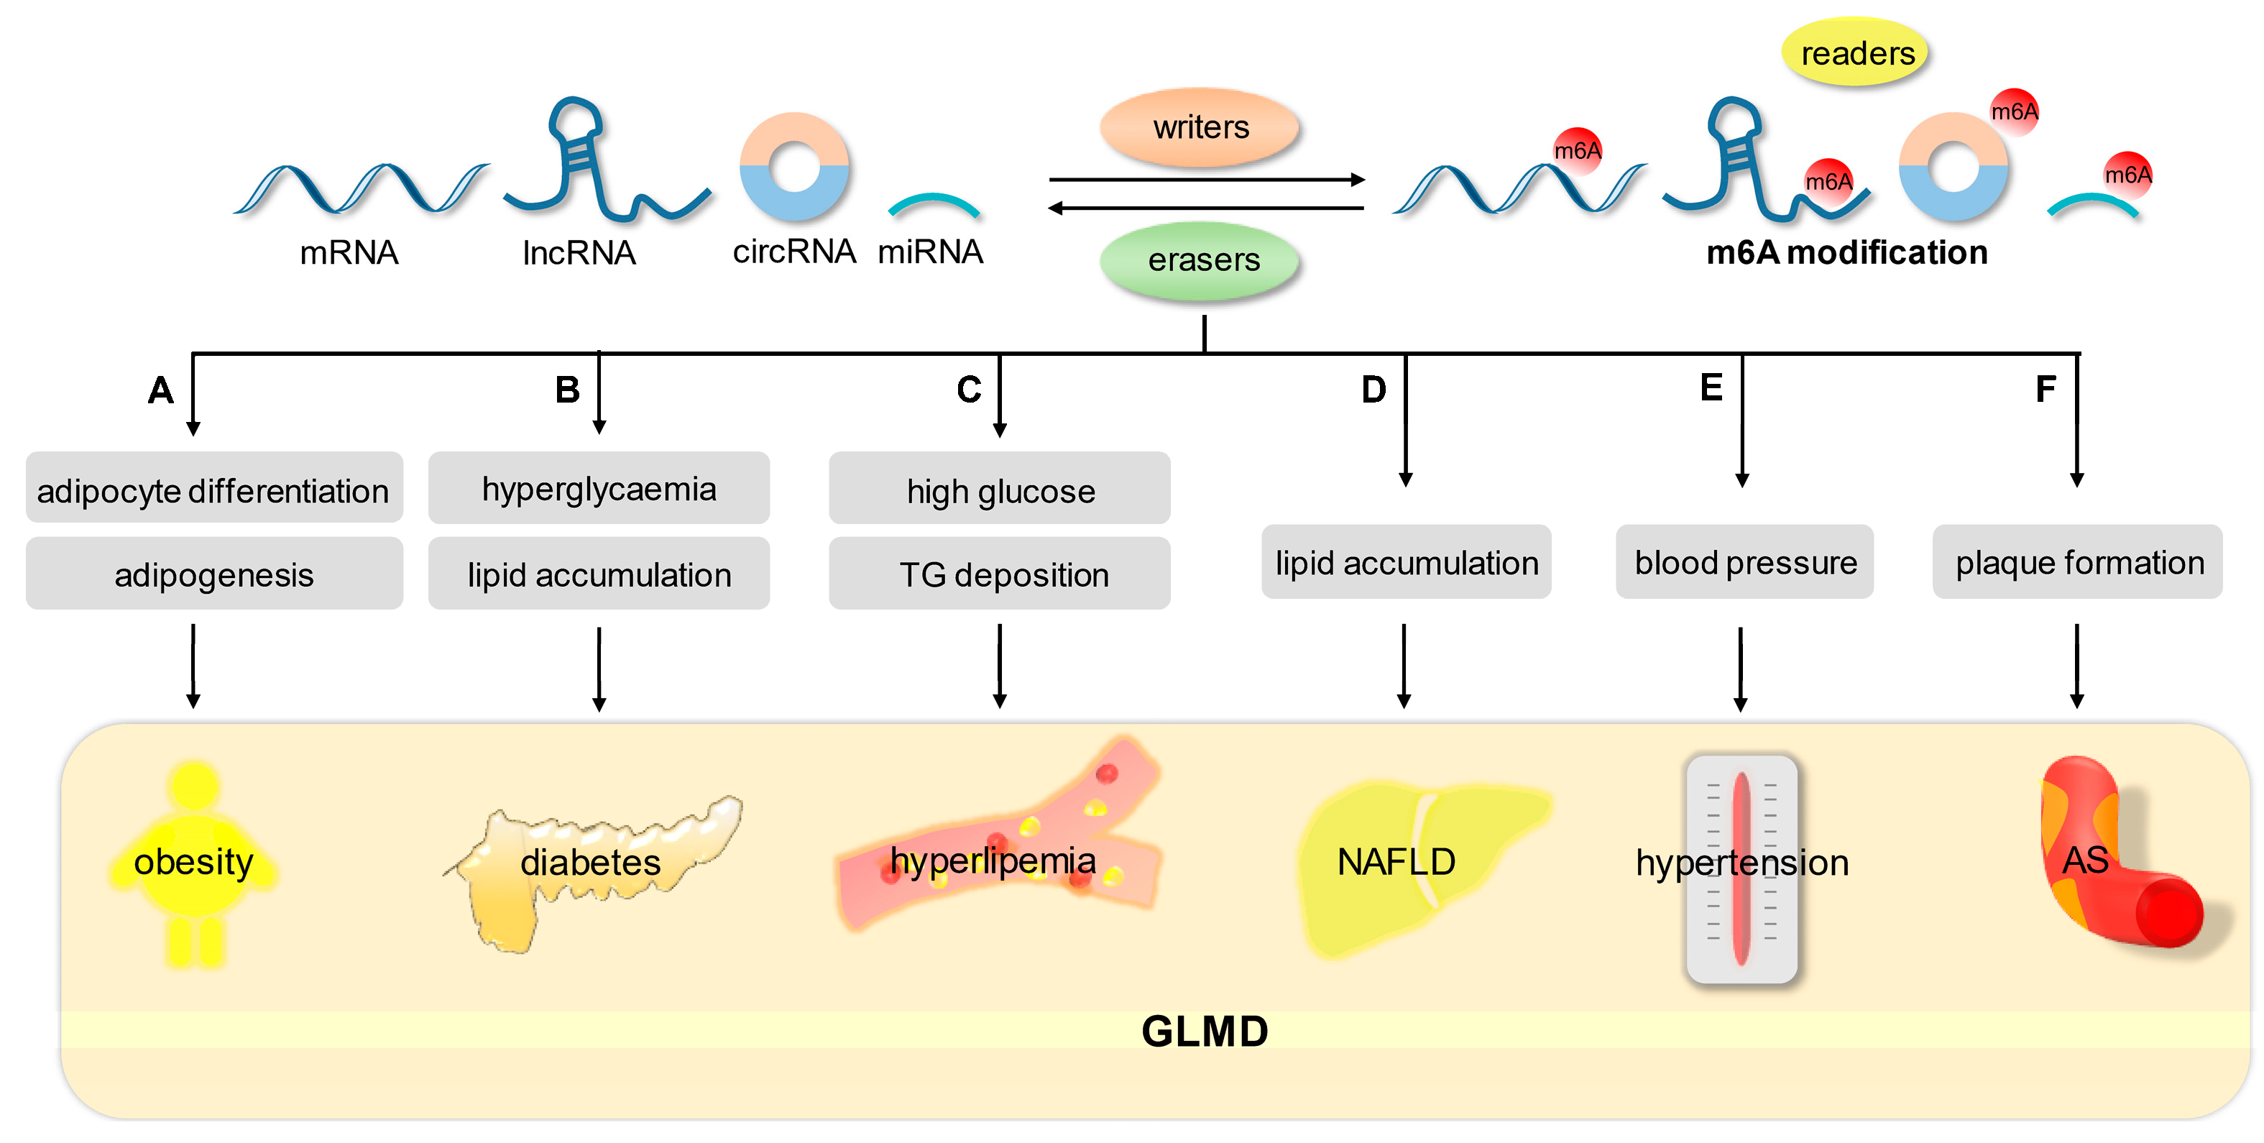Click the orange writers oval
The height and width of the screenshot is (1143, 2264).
click(x=1200, y=127)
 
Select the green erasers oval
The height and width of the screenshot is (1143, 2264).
click(x=1202, y=260)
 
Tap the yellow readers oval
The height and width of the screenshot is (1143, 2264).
click(x=1856, y=52)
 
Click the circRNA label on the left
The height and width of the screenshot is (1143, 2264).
click(x=793, y=252)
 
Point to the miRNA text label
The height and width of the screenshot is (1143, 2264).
click(x=930, y=252)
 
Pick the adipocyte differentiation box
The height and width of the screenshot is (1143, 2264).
click(x=213, y=489)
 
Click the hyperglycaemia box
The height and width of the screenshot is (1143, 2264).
click(x=599, y=489)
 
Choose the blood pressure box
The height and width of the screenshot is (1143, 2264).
click(x=1744, y=563)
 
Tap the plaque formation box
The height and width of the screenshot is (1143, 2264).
click(x=2078, y=563)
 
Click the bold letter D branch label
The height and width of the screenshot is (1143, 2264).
click(x=1373, y=390)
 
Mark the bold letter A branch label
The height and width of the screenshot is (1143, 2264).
click(x=161, y=390)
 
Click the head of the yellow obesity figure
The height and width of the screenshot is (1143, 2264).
click(x=194, y=784)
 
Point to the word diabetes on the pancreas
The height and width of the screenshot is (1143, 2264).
click(x=590, y=862)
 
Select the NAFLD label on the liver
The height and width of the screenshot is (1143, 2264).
click(x=1396, y=862)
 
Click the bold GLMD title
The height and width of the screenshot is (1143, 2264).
click(x=1204, y=1030)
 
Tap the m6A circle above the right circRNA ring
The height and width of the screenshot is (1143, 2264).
click(x=2013, y=111)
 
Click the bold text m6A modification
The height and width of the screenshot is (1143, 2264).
click(x=1846, y=253)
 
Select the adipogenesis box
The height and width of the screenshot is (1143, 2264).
click(x=213, y=574)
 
